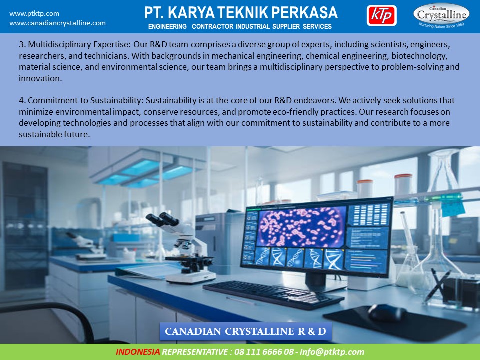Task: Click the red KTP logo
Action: coord(381,15)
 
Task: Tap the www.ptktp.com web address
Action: coord(34,14)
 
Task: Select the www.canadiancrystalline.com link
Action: coord(57,23)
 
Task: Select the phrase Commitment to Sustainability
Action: coord(85,100)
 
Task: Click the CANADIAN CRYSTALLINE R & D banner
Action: coord(246,331)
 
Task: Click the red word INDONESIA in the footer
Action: coord(138,352)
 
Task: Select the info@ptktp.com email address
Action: coord(332,352)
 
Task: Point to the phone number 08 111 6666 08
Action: coord(264,352)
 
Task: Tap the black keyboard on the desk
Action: coord(273,294)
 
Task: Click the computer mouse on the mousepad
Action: coord(387,313)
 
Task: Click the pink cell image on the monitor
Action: coord(301,227)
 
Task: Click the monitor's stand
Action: coord(317,282)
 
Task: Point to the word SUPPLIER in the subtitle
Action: coord(286,26)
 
